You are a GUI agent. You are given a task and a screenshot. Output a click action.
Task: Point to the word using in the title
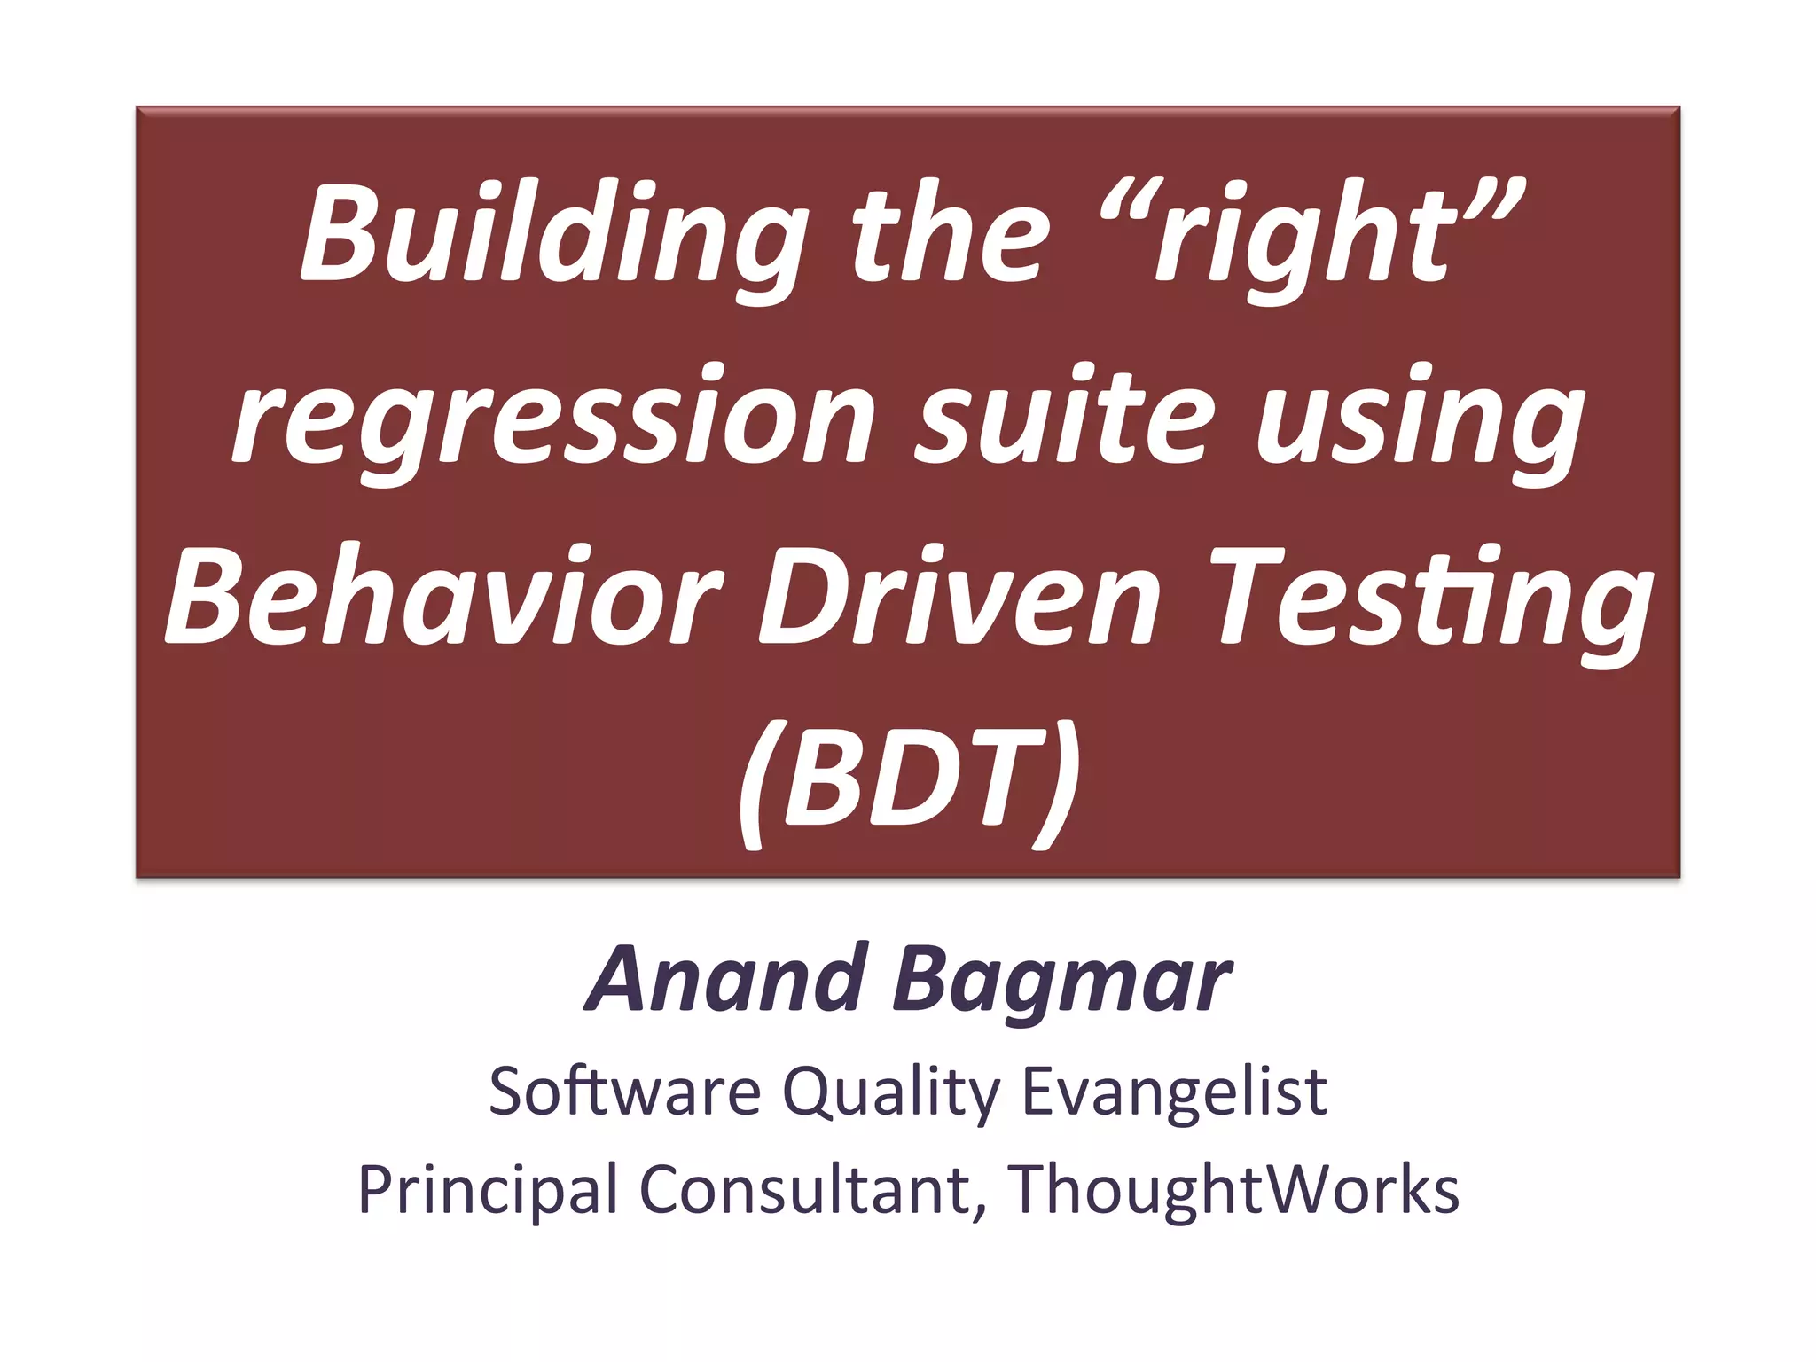click(x=1419, y=419)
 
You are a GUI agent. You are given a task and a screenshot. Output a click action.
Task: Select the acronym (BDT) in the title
click(x=908, y=780)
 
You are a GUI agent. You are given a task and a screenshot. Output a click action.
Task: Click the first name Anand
click(x=727, y=979)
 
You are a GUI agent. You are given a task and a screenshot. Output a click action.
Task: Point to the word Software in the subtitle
click(x=624, y=1091)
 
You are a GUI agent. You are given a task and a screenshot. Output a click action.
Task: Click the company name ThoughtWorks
click(x=1233, y=1188)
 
